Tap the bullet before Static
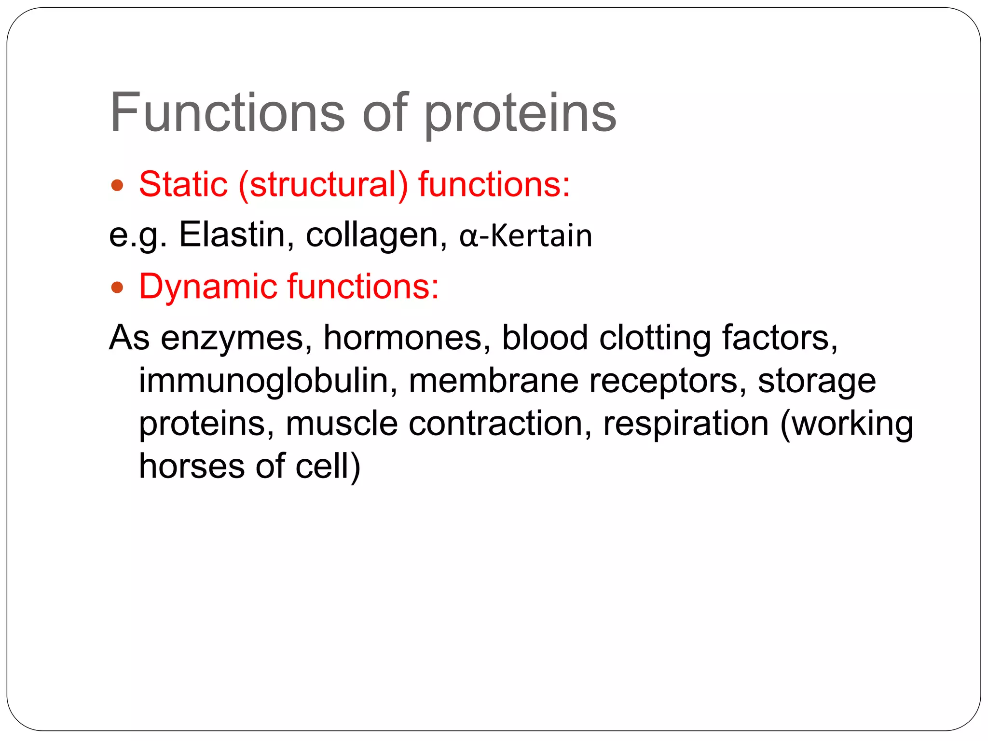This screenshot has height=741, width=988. [x=117, y=185]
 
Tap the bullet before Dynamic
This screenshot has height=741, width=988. [x=117, y=288]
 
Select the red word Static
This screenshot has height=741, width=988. [x=183, y=184]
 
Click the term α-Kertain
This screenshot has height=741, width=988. [x=526, y=236]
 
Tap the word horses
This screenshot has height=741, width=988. [x=192, y=466]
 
